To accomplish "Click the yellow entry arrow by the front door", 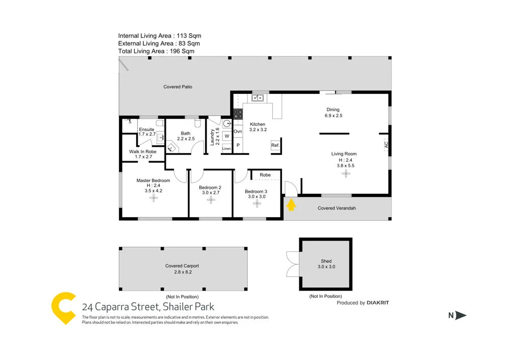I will [291, 205].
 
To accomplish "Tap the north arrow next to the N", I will [461, 316].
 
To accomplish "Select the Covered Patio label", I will [178, 87].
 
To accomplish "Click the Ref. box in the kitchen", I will [275, 146].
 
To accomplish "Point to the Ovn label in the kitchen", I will [238, 132].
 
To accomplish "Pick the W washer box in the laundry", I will [226, 136].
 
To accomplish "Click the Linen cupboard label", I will [226, 148].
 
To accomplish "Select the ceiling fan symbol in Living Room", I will [347, 174].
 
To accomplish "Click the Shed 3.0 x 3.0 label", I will [326, 264].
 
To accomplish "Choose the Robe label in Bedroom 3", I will [265, 175].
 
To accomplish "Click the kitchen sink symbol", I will [259, 98].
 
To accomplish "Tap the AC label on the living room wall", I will [386, 146].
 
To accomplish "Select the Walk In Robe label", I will [143, 154].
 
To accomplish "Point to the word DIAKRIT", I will [378, 303].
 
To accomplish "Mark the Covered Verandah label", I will [337, 208].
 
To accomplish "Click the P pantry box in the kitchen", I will [238, 146].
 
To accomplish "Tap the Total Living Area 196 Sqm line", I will [156, 51].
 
